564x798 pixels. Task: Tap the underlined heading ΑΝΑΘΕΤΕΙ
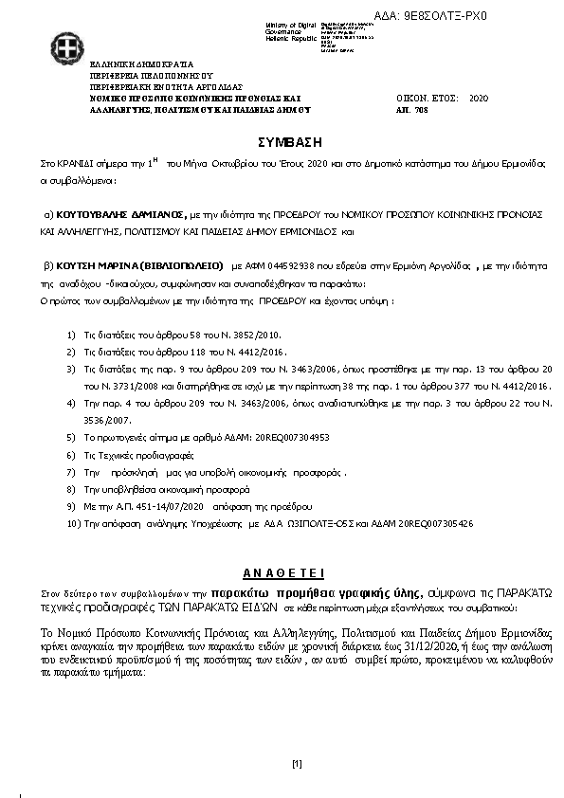[x=283, y=571]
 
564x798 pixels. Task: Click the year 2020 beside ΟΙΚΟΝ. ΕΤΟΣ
[x=479, y=99]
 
